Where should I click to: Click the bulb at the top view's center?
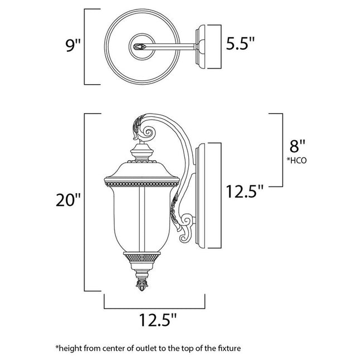140,46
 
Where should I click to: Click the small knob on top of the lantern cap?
140,150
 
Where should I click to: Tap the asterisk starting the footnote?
57,347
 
